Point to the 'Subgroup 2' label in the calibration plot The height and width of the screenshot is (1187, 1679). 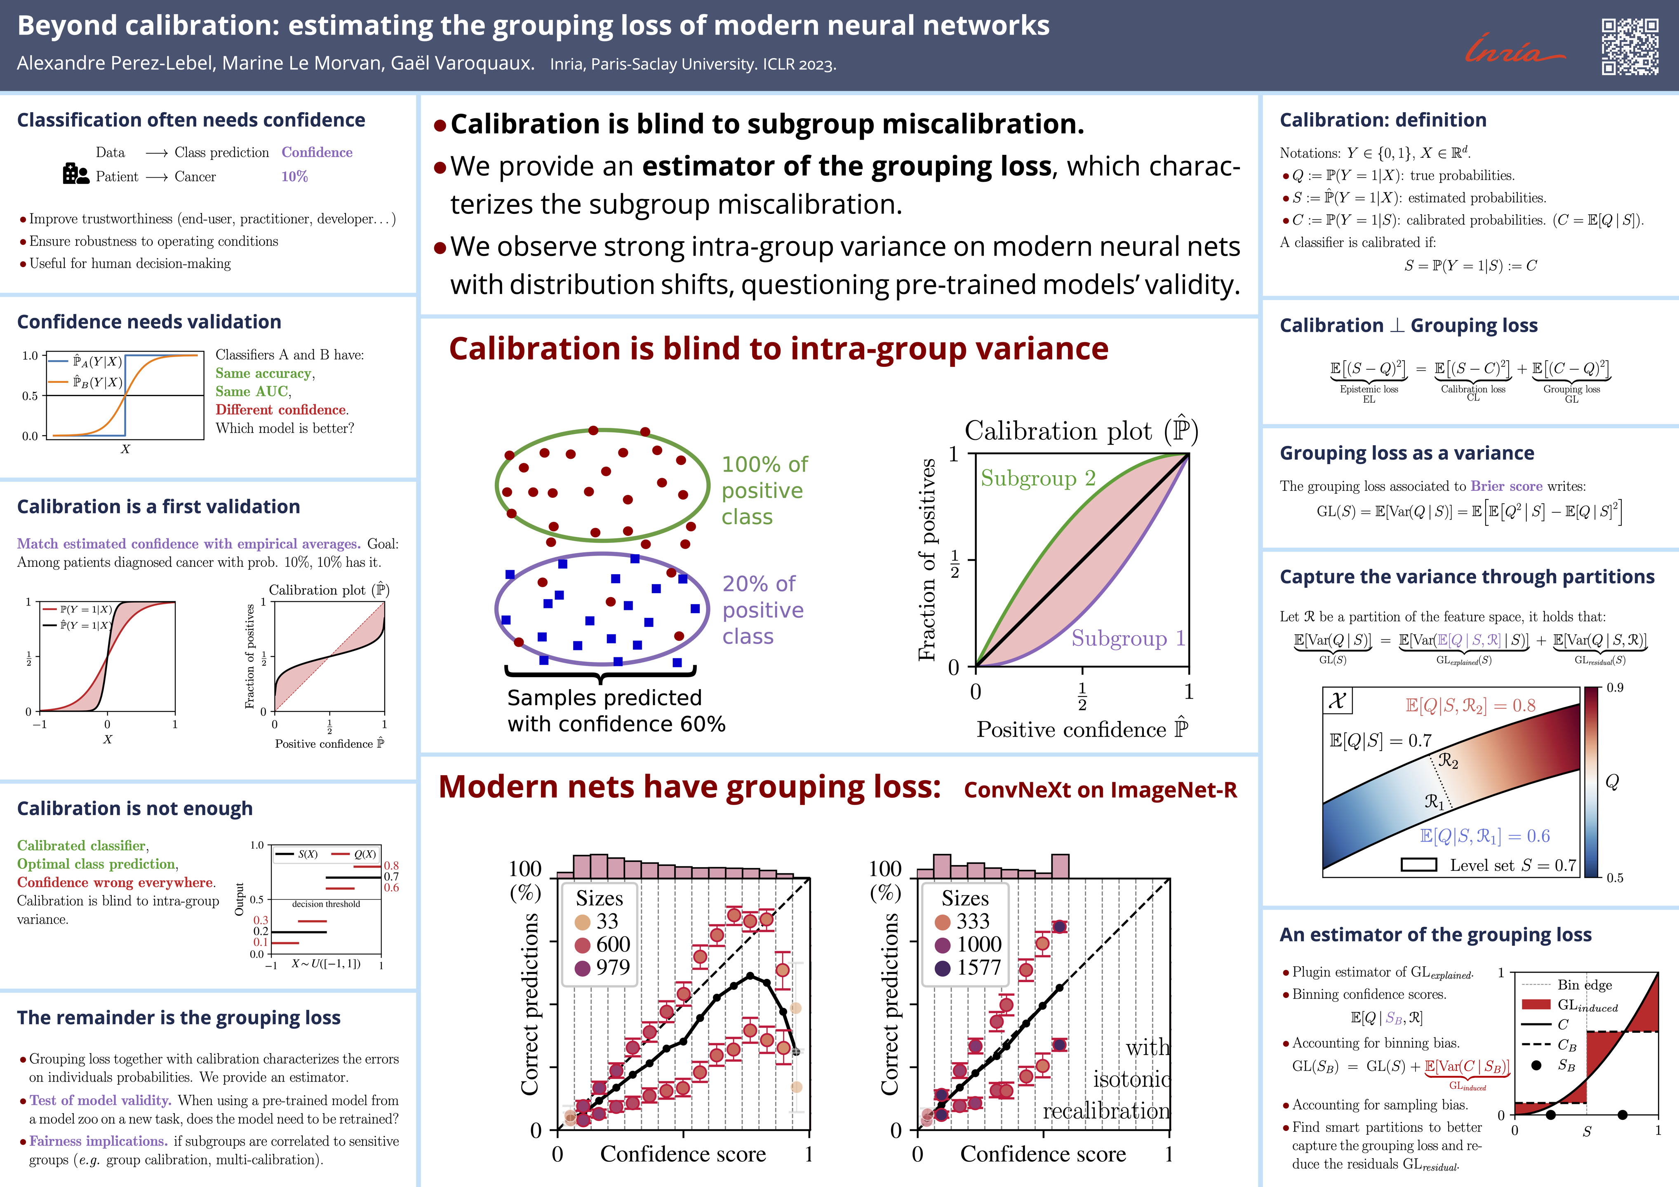[x=1038, y=479]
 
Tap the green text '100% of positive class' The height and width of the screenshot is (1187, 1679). [x=764, y=490]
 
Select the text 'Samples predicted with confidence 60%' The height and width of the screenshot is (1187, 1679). [x=616, y=711]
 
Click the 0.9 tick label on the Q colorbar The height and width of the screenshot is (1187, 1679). [x=1615, y=688]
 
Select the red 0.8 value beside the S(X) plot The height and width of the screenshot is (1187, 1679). [x=391, y=866]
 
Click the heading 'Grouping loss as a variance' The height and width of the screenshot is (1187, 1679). [x=1406, y=453]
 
